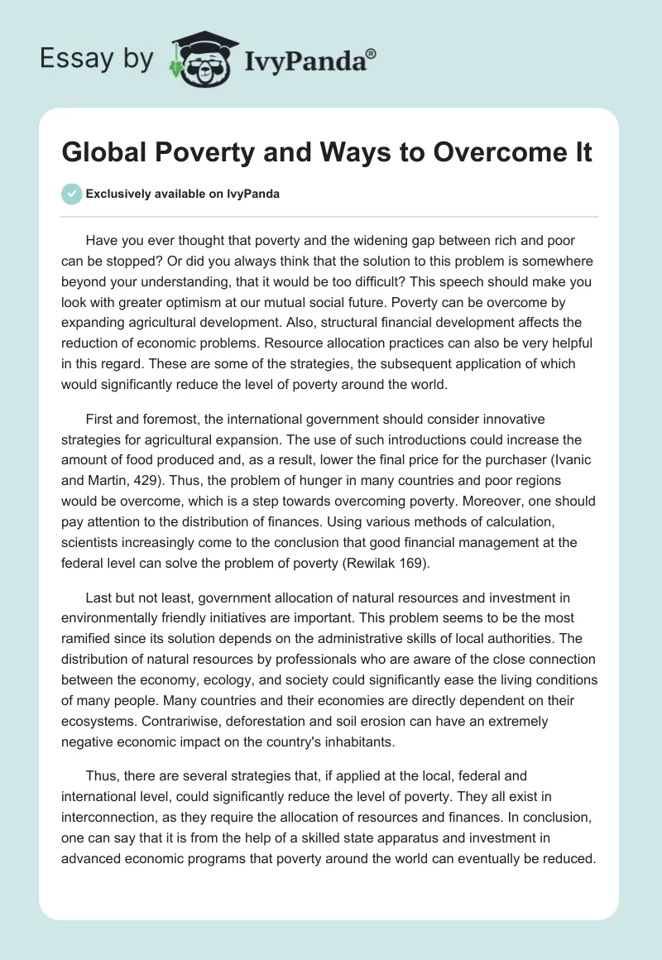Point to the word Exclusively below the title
click(118, 195)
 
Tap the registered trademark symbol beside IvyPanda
click(371, 52)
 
